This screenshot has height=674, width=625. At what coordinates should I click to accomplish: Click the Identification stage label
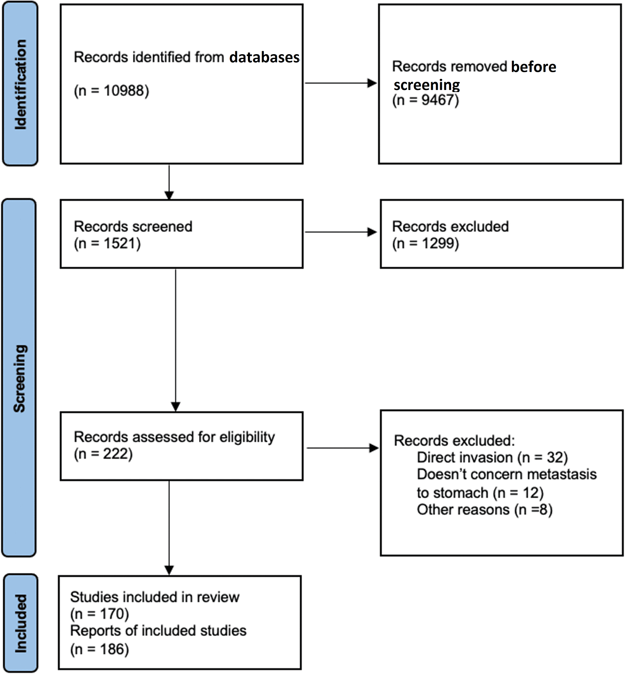[20, 85]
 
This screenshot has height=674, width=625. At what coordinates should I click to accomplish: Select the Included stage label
[20, 624]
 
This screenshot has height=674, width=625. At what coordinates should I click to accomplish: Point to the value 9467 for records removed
[437, 100]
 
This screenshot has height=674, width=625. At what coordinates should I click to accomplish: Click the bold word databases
[265, 57]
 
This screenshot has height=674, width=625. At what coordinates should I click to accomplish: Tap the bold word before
[534, 66]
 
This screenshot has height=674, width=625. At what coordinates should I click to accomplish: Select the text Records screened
[133, 226]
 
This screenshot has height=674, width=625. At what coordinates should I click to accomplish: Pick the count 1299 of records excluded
[438, 244]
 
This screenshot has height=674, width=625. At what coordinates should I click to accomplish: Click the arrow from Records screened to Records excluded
[341, 232]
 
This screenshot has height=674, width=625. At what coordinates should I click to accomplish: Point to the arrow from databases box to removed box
[341, 83]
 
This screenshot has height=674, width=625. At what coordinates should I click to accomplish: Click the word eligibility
[247, 437]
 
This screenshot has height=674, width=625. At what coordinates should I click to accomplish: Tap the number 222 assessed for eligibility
[116, 454]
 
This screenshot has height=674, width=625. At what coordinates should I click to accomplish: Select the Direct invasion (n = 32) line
[492, 457]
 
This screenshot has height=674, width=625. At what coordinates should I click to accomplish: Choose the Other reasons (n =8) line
[485, 509]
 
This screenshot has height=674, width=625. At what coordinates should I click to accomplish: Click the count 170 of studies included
[112, 613]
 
